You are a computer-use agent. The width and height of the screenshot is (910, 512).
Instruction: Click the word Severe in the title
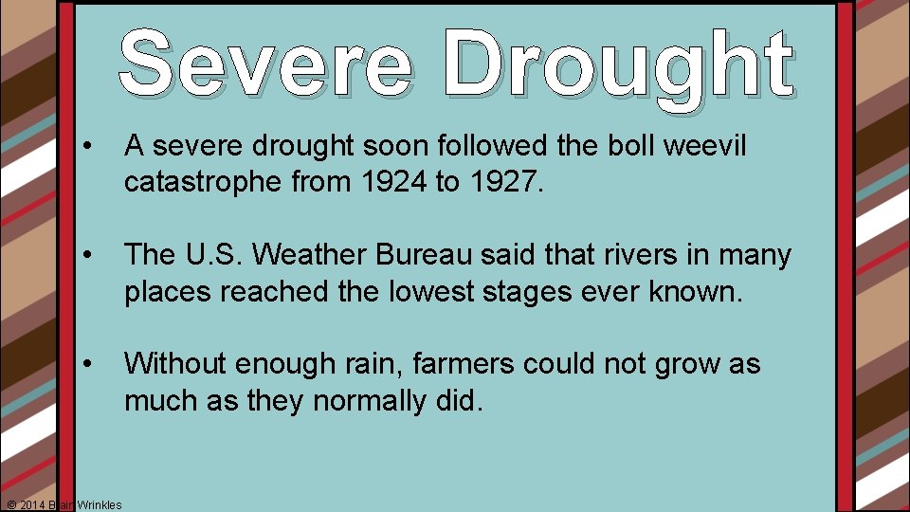(265, 64)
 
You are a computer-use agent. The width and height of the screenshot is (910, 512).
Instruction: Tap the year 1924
(391, 183)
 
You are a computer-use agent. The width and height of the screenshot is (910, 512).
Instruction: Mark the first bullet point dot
(87, 147)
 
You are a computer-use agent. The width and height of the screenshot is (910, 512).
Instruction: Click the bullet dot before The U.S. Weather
(87, 256)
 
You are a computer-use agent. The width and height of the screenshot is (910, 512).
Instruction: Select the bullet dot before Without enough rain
(87, 365)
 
